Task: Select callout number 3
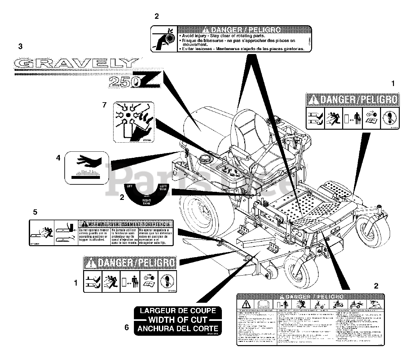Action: click(x=20, y=46)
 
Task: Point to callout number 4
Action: click(x=58, y=158)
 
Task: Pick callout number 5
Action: click(x=35, y=212)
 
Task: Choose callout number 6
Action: click(x=127, y=327)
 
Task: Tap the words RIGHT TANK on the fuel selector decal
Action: click(x=147, y=202)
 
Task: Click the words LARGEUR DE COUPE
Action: click(x=178, y=311)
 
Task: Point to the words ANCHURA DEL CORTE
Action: click(x=178, y=329)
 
